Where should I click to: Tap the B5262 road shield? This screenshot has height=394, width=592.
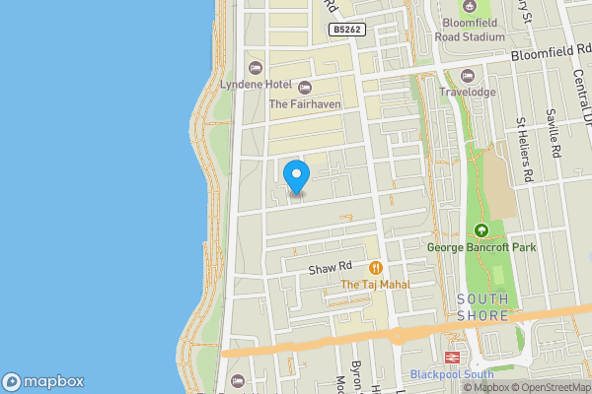click(x=347, y=31)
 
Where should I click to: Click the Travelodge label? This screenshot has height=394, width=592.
click(x=467, y=93)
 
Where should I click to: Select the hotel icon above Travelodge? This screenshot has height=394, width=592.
click(x=468, y=76)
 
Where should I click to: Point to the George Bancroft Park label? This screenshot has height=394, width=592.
click(x=481, y=247)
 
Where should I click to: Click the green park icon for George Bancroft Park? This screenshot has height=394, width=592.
click(x=481, y=230)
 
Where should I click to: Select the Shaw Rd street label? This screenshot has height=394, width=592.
click(x=332, y=267)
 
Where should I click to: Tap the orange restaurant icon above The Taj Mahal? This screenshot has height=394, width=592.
click(x=376, y=267)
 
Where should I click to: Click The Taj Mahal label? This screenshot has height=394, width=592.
click(x=375, y=285)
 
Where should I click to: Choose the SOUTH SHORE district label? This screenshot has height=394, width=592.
click(x=482, y=307)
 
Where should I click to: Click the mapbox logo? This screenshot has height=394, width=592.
click(x=43, y=382)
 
